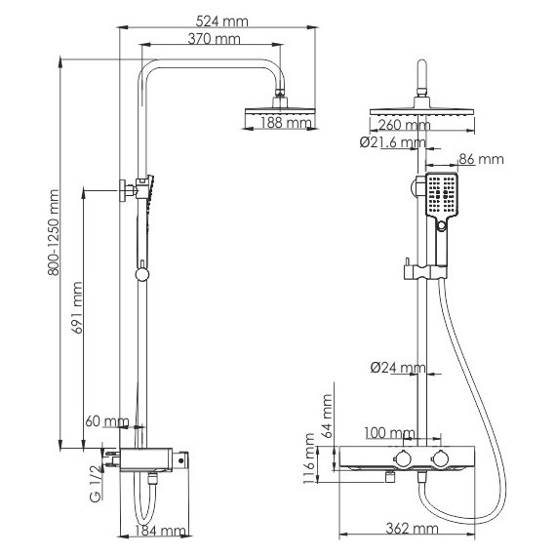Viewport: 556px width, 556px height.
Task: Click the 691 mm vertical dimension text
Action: click(79, 310)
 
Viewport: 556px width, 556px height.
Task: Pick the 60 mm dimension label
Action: click(106, 421)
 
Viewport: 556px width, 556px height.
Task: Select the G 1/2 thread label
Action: click(96, 485)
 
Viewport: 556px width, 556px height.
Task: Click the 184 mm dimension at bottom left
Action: click(161, 531)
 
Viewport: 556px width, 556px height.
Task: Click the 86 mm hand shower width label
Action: click(480, 159)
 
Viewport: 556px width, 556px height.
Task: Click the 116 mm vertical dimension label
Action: click(310, 465)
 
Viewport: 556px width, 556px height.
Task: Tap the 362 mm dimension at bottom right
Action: click(412, 530)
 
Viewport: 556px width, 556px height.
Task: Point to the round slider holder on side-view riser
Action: click(142, 274)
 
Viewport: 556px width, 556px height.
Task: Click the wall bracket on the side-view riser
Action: click(126, 189)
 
